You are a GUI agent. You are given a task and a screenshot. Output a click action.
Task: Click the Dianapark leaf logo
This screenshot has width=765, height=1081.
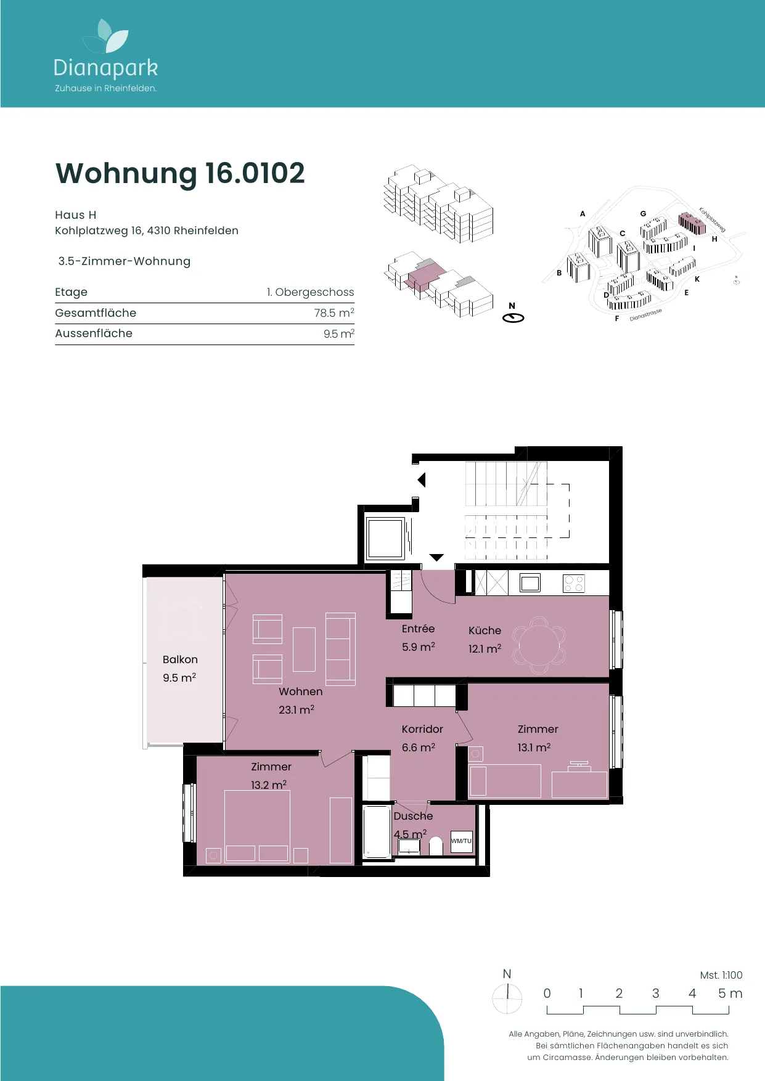click(x=106, y=36)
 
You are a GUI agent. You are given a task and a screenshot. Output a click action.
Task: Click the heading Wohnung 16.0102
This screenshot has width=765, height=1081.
click(x=180, y=173)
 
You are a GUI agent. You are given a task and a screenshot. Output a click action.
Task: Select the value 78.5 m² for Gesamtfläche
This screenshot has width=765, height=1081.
click(x=334, y=312)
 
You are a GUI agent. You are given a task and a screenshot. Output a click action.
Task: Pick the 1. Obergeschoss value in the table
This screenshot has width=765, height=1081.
click(x=310, y=292)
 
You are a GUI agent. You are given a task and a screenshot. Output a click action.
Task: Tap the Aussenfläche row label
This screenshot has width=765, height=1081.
click(x=94, y=333)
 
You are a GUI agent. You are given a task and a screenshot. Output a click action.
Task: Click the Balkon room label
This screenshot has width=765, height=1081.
click(x=180, y=659)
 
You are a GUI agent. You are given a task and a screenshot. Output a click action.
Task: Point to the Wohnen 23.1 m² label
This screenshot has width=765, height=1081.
click(x=300, y=700)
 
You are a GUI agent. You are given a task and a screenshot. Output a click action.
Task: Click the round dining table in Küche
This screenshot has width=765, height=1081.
click(x=539, y=645)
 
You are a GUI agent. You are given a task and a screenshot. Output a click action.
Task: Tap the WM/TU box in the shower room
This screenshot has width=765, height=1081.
click(x=461, y=841)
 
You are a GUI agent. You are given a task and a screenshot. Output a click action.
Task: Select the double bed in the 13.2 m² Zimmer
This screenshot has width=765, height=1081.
click(x=257, y=826)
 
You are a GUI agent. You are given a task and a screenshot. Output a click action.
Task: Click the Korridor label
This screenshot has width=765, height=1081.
click(x=422, y=729)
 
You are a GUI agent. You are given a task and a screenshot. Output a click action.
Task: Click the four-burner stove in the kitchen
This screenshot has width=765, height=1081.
click(x=573, y=583)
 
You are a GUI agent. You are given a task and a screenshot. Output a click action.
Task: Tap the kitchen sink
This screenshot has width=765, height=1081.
click(x=530, y=582)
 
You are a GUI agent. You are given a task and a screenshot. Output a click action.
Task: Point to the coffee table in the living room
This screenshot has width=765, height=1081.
click(x=304, y=649)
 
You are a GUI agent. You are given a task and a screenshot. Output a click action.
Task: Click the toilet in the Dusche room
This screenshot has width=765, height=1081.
click(x=436, y=846)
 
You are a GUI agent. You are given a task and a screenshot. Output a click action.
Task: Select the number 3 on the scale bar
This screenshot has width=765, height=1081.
click(x=656, y=993)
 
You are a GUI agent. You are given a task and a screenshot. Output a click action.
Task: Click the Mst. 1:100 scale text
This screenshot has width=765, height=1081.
click(x=721, y=975)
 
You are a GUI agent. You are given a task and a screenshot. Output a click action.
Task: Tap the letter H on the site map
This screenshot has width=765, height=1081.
click(x=714, y=239)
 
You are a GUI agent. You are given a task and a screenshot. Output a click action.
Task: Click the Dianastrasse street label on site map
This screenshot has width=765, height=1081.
click(x=646, y=315)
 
